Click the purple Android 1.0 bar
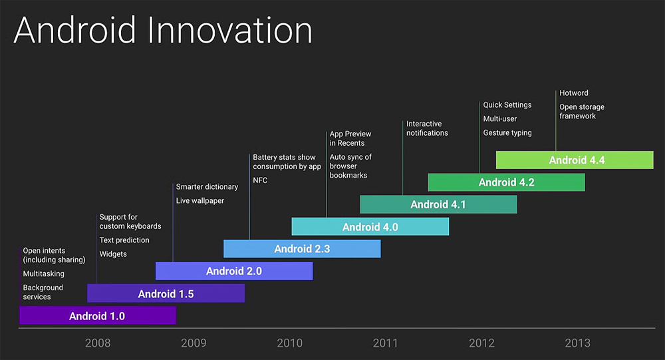coord(97,316)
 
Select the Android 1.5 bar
coord(166,293)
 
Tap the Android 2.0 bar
coord(234,271)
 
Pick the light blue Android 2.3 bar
coord(302,249)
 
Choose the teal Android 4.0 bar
coord(370,227)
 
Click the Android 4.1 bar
coord(438,204)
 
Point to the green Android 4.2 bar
coord(507,182)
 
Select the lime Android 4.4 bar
coord(575,160)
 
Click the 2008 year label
coord(98,343)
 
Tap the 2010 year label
coord(289,343)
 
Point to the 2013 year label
coord(577,343)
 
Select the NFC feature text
coord(260,180)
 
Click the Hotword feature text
coord(573,93)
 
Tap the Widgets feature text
coord(113,254)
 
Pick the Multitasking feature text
coord(44,273)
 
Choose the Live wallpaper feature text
coord(200,200)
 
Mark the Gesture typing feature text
coord(507,133)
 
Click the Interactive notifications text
coord(427,128)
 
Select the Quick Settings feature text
coord(507,105)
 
